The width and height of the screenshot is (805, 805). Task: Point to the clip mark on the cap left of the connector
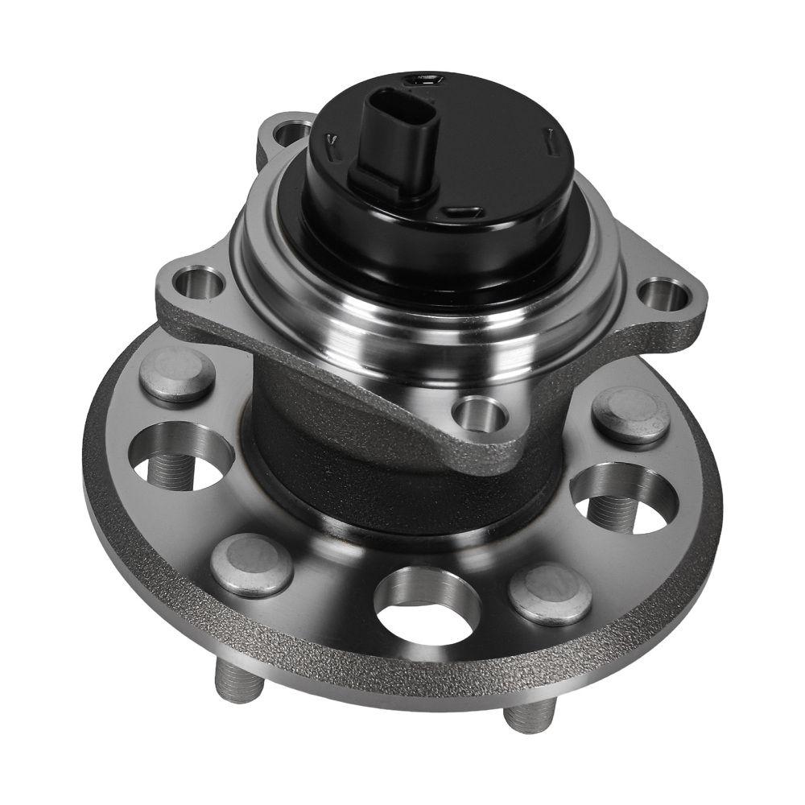331,142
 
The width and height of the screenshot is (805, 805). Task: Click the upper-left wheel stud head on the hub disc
177,375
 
